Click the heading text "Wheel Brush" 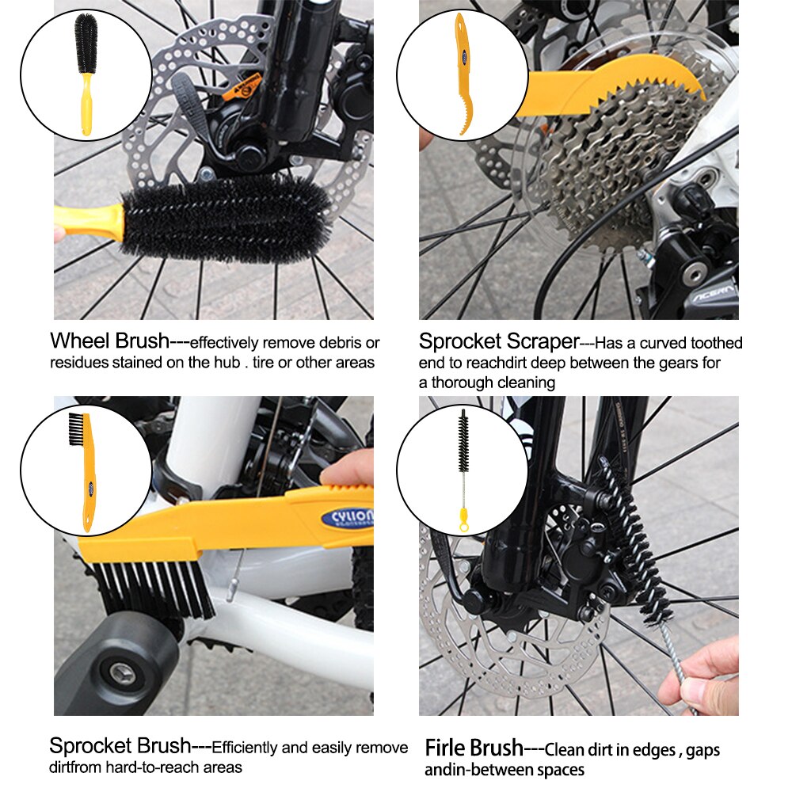point(109,341)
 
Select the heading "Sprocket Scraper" point(499,342)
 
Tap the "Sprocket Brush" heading point(120,746)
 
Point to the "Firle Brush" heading point(474,748)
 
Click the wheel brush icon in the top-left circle point(85,74)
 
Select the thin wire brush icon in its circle point(463,470)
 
